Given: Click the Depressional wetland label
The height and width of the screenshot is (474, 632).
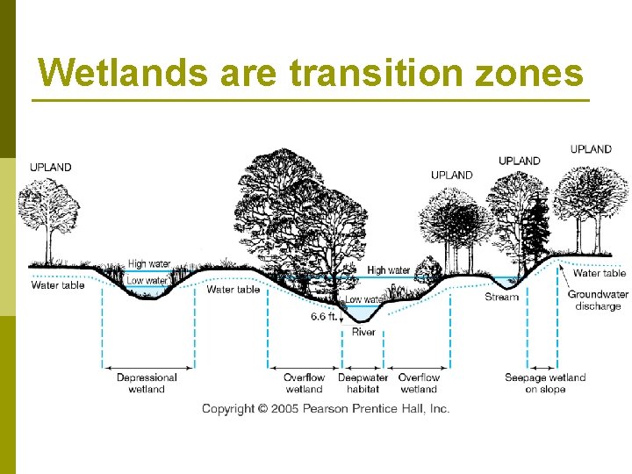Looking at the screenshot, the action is [147, 383].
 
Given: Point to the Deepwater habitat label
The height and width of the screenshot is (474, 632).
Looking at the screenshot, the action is [363, 383].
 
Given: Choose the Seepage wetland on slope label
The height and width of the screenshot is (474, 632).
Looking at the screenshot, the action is [545, 383].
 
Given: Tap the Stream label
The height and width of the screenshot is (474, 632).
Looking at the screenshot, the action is [501, 297].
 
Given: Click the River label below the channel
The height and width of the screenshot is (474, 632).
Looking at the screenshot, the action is [363, 333].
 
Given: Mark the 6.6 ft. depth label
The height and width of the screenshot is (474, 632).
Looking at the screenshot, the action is [323, 316].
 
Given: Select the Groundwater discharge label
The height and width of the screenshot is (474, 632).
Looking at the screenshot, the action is [598, 300].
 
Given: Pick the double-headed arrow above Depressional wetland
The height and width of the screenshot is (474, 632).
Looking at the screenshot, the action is [147, 366].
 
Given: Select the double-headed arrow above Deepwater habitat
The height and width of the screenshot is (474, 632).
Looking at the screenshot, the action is [363, 366].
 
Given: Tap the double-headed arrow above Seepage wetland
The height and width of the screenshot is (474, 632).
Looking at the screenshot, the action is [542, 366].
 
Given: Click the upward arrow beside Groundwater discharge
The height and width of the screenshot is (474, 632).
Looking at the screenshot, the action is [562, 281].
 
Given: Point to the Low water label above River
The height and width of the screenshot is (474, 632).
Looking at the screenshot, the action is [364, 299].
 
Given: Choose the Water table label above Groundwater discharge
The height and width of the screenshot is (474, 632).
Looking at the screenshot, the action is [599, 273].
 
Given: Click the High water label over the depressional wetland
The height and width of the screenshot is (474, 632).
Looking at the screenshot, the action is [149, 263].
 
